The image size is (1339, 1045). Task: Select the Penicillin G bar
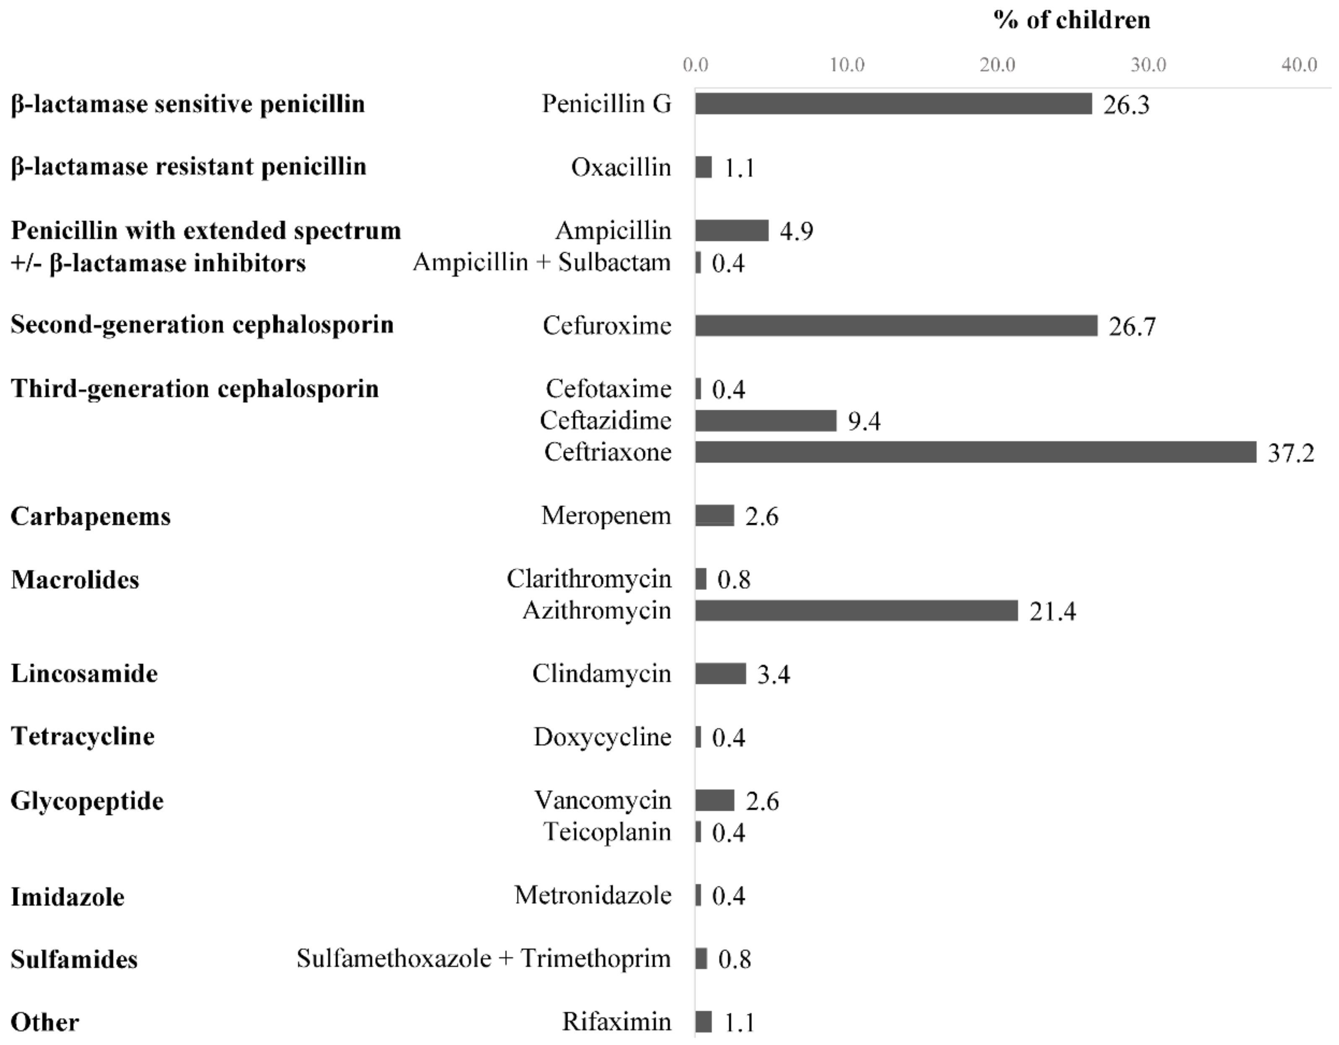click(893, 104)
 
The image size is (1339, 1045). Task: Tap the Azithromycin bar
click(856, 611)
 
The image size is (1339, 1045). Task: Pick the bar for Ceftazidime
click(765, 421)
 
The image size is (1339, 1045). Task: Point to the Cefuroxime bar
click(896, 326)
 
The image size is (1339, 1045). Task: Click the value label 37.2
click(1291, 453)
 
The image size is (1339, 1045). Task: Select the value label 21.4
click(1052, 611)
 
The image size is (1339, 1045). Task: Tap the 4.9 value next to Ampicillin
click(796, 231)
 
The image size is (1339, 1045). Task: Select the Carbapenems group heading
click(91, 516)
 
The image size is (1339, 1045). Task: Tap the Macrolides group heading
click(75, 579)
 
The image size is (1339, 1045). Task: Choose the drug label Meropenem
click(606, 516)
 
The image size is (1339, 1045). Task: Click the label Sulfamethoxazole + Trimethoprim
click(483, 959)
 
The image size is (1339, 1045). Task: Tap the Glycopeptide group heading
click(87, 801)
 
